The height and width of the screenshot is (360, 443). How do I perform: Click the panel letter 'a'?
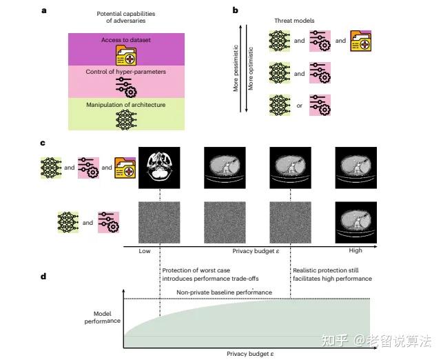pyautogui.click(x=45, y=11)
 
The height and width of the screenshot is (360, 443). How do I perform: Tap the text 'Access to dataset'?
pyautogui.click(x=127, y=40)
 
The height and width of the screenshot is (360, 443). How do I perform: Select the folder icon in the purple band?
pyautogui.click(x=127, y=53)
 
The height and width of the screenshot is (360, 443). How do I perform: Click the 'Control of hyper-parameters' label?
pyautogui.click(x=127, y=72)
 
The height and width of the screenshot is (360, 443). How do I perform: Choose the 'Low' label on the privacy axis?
pyautogui.click(x=145, y=251)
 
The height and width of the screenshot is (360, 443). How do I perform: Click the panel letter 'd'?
pyautogui.click(x=45, y=277)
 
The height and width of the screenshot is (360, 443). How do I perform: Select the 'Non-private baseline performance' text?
pyautogui.click(x=225, y=292)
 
